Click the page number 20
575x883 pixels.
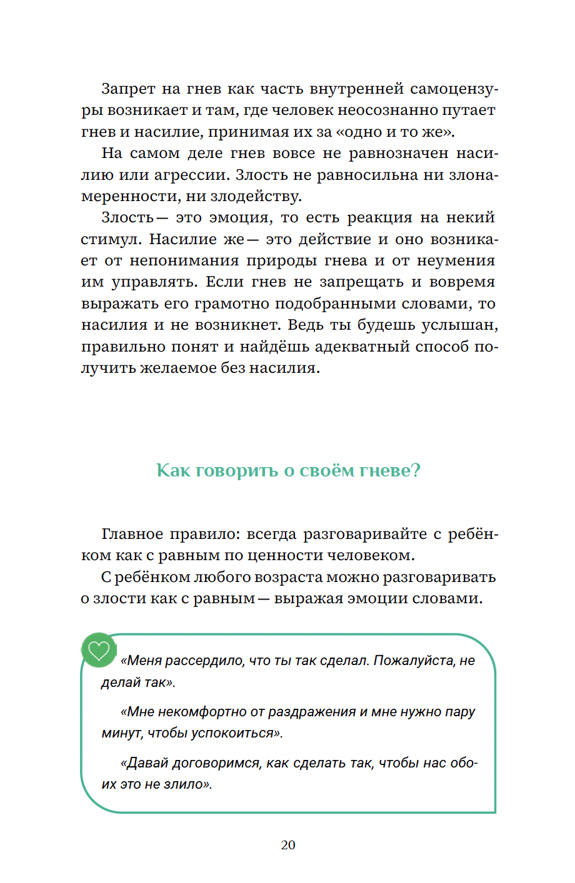[288, 845]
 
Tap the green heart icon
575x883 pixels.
[99, 651]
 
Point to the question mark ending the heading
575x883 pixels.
[416, 470]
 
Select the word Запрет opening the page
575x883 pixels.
[126, 89]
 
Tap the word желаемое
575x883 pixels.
[178, 368]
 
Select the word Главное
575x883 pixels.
[132, 535]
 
